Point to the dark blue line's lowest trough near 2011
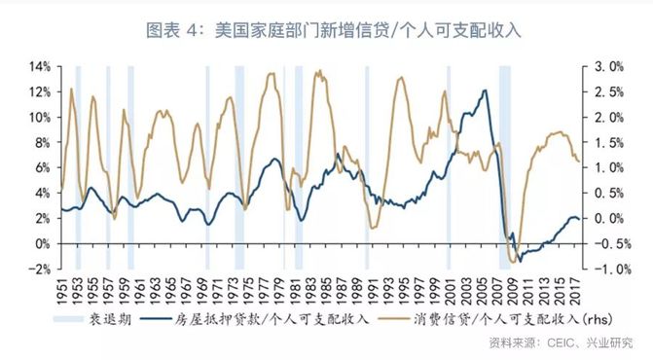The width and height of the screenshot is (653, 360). tap(520, 261)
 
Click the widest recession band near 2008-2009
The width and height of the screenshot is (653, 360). tap(505, 165)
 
